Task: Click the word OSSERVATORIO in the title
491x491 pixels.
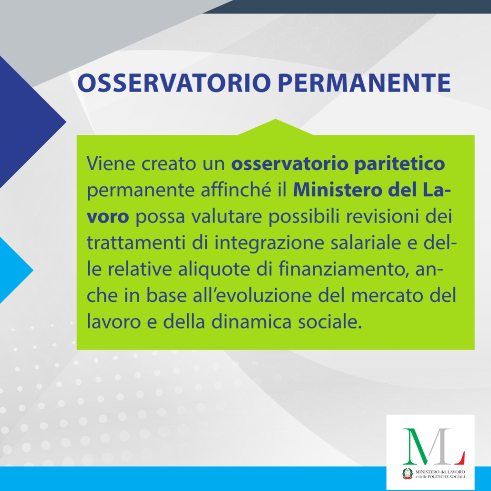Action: pyautogui.click(x=174, y=83)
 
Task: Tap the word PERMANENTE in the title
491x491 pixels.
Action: pyautogui.click(x=364, y=83)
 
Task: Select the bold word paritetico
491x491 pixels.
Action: pyautogui.click(x=399, y=164)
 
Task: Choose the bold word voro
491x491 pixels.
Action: pyautogui.click(x=108, y=217)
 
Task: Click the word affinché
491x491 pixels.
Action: pyautogui.click(x=236, y=190)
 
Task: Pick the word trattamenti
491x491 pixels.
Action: pyautogui.click(x=136, y=243)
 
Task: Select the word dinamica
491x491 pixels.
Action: pyautogui.click(x=251, y=322)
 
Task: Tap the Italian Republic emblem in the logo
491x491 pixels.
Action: pyautogui.click(x=408, y=473)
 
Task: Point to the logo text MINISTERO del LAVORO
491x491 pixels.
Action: pyautogui.click(x=440, y=472)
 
